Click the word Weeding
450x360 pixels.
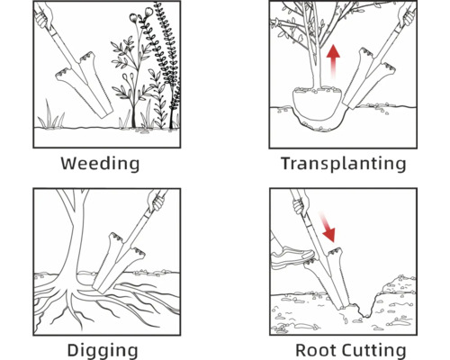click(x=100, y=164)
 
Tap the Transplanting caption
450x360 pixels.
click(x=344, y=164)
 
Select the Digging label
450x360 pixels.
click(x=103, y=350)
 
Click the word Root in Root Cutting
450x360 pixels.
click(x=316, y=350)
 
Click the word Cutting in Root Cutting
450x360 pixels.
click(x=374, y=350)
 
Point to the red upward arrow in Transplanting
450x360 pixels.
click(x=333, y=61)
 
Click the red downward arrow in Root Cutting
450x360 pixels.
click(x=327, y=227)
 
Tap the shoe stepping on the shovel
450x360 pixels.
click(x=292, y=257)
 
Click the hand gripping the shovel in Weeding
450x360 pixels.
click(x=44, y=16)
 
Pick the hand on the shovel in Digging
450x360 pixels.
click(x=156, y=201)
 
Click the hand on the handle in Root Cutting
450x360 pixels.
click(x=301, y=203)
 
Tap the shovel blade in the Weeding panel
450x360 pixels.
click(x=85, y=85)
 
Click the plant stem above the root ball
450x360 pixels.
click(x=314, y=60)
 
